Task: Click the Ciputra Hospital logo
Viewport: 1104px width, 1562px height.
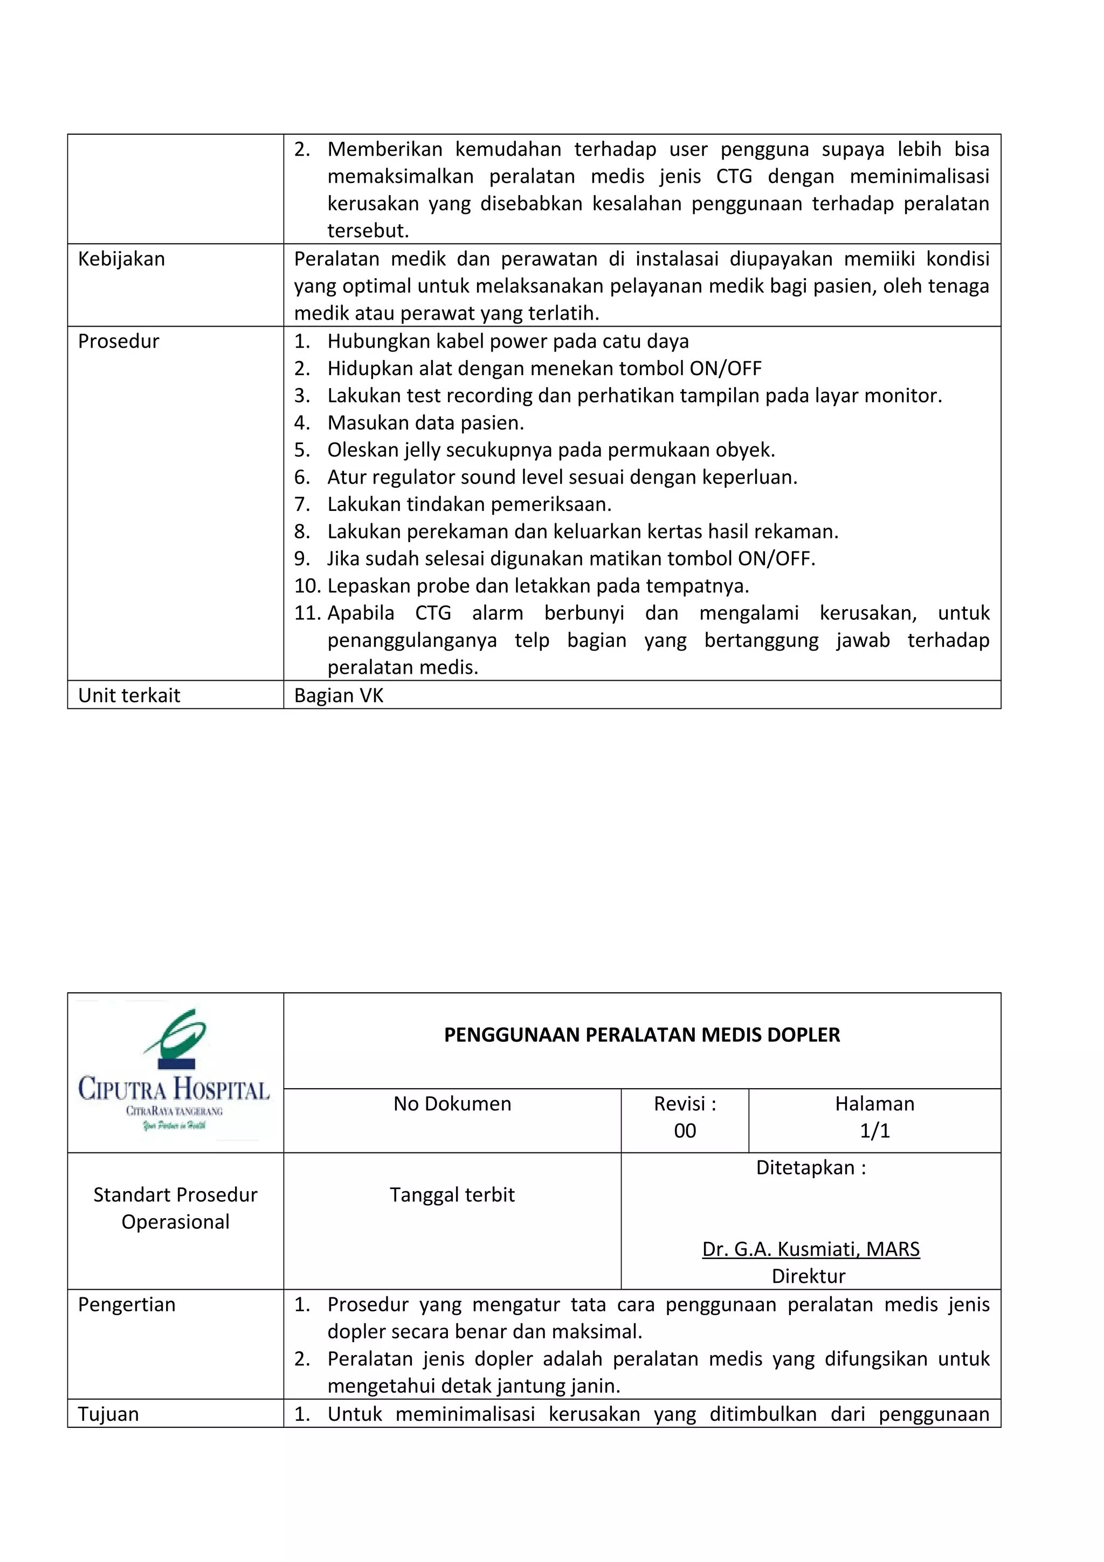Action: pyautogui.click(x=174, y=1072)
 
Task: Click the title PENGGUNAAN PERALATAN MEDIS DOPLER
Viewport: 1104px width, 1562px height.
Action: pyautogui.click(x=641, y=1035)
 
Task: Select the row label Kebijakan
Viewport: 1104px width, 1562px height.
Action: pyautogui.click(x=121, y=259)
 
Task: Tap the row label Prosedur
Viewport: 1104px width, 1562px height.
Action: pyautogui.click(x=119, y=342)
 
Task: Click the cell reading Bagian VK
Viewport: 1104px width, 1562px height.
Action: pyautogui.click(x=339, y=695)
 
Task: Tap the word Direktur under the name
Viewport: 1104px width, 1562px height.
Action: pyautogui.click(x=808, y=1276)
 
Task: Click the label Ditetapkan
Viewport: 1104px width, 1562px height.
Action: pyautogui.click(x=810, y=1167)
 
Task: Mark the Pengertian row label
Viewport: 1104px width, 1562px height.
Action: pyautogui.click(x=127, y=1305)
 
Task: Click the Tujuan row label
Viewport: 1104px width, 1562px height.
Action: pyautogui.click(x=108, y=1414)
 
